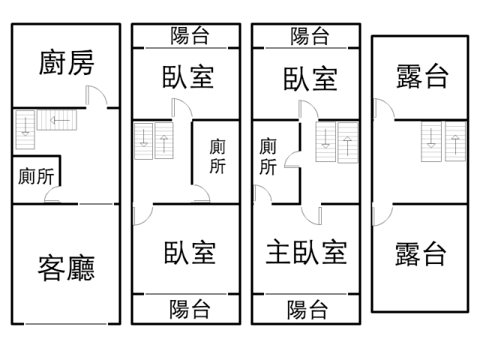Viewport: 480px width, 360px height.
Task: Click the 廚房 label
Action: [66, 64]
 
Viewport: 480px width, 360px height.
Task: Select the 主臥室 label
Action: [307, 253]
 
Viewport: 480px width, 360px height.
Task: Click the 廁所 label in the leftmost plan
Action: [36, 177]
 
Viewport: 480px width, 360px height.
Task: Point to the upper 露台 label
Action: [421, 76]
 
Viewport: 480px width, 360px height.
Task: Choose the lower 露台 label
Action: [421, 254]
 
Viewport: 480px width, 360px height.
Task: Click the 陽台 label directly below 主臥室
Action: [307, 308]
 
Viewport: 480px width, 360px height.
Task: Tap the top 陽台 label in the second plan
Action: [190, 35]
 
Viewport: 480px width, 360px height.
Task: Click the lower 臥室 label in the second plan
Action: [190, 253]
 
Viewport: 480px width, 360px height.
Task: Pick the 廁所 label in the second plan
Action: [217, 156]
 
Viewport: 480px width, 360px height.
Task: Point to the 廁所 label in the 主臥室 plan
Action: [268, 157]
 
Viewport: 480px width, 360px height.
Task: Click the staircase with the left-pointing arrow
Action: [54, 119]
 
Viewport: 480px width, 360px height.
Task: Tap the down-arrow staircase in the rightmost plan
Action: [431, 142]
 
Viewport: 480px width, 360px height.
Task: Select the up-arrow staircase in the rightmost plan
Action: [454, 142]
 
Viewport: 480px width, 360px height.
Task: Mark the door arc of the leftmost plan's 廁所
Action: [53, 196]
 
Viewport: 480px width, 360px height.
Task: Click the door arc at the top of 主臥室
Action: [311, 214]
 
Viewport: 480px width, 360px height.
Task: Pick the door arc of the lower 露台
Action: [380, 216]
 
